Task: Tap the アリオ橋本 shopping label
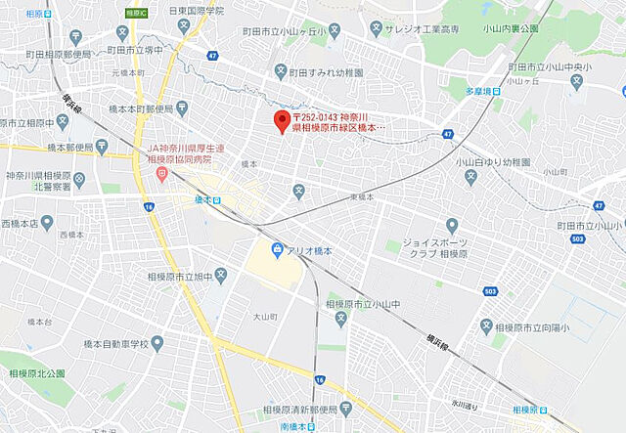coord(310,250)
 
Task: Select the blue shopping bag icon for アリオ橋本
coord(279,250)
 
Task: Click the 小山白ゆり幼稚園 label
coord(493,161)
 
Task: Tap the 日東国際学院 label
coord(196,10)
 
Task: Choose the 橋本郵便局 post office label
coord(68,149)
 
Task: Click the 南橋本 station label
coord(294,426)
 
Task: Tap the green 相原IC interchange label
coord(137,13)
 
